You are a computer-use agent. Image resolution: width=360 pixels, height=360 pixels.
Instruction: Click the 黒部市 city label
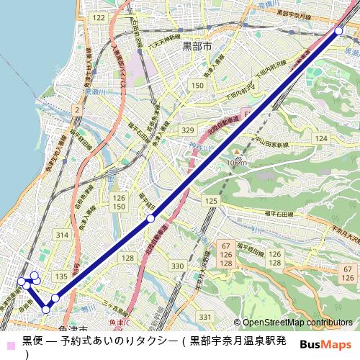(197, 45)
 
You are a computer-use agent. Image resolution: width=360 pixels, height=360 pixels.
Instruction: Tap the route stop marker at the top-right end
(338, 30)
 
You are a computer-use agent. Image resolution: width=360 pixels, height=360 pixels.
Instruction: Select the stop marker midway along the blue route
(150, 217)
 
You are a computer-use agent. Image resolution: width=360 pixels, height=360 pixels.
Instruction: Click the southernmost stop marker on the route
(46, 309)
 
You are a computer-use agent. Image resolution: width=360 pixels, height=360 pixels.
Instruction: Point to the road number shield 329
(188, 130)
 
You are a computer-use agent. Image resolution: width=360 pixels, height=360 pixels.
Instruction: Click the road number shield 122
(99, 17)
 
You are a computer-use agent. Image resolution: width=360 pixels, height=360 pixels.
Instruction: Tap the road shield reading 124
(321, 138)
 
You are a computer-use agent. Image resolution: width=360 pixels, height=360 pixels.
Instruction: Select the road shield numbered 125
(211, 200)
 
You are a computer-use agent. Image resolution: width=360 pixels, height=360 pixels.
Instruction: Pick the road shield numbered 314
(62, 235)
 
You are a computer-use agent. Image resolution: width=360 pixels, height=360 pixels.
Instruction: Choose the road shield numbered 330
(177, 266)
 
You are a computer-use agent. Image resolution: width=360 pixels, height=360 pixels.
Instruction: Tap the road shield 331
(206, 317)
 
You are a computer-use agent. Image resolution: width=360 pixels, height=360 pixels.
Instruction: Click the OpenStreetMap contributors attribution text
(297, 323)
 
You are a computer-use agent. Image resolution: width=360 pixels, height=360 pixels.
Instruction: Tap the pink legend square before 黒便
(8, 340)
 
